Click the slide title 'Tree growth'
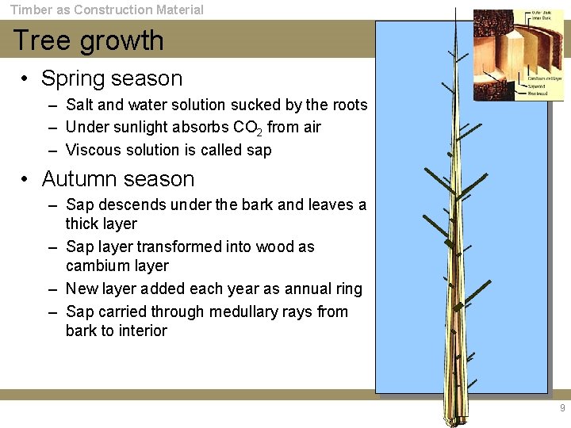(88, 40)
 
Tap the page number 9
(562, 408)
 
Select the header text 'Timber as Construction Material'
(106, 10)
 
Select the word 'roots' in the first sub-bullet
(349, 105)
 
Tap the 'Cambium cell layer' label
(545, 78)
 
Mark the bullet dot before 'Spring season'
(26, 79)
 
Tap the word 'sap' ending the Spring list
(259, 150)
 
